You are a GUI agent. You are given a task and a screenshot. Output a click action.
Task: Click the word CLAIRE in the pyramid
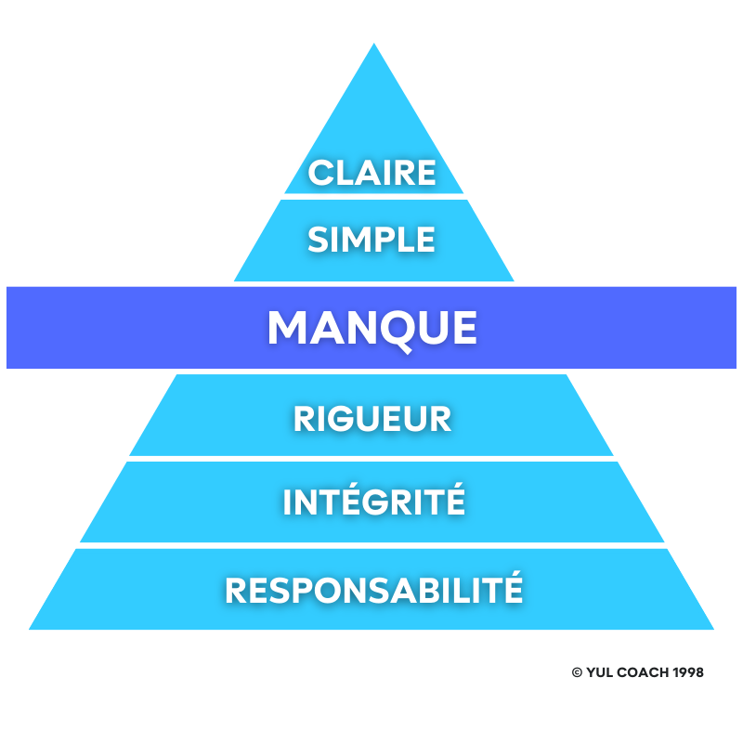pos(372,173)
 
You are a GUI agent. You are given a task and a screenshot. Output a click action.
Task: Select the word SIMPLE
pos(371,240)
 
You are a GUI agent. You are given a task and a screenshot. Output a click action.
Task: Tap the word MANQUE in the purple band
pos(372,328)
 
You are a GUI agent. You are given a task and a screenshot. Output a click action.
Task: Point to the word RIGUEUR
pos(372,418)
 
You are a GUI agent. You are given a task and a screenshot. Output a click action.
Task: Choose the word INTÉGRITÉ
pos(373,502)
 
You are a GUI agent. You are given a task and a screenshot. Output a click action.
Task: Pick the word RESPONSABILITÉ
pos(374,590)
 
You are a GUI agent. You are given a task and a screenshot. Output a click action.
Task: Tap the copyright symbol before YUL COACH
pos(577,671)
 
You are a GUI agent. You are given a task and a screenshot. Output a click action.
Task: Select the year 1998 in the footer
pos(687,671)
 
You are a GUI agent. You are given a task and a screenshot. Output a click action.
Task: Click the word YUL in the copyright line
pos(599,671)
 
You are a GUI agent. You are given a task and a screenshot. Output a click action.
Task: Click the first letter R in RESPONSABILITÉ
pos(236,590)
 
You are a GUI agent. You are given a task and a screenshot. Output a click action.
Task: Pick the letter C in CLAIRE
pos(320,173)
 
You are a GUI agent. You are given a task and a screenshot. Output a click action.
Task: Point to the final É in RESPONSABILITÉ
pos(512,588)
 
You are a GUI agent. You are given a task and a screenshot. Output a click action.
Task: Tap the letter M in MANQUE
pos(288,328)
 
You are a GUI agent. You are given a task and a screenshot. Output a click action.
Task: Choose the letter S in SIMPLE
pos(319,240)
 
